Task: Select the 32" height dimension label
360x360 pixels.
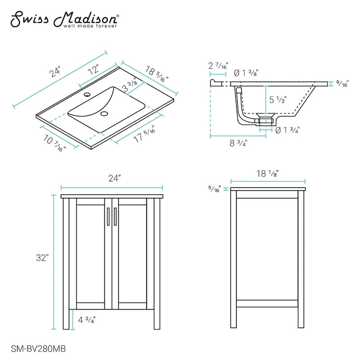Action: pyautogui.click(x=42, y=258)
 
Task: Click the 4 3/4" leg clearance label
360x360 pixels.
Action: pyautogui.click(x=87, y=320)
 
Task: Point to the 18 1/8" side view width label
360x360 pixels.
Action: pyautogui.click(x=267, y=174)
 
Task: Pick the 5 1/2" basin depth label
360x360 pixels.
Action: pyautogui.click(x=278, y=100)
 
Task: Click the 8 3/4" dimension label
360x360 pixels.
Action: pyautogui.click(x=238, y=143)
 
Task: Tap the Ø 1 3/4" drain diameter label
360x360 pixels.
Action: pyautogui.click(x=287, y=130)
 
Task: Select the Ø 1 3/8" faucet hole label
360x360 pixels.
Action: pyautogui.click(x=246, y=73)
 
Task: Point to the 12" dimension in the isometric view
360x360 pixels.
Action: pyautogui.click(x=94, y=69)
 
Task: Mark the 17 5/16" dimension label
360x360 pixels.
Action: pyautogui.click(x=144, y=134)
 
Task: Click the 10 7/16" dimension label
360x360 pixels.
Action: pyautogui.click(x=54, y=143)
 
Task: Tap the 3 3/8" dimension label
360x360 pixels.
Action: pyautogui.click(x=130, y=85)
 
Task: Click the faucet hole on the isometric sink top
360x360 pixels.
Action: pyautogui.click(x=87, y=94)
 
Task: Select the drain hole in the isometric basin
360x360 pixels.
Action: pyautogui.click(x=104, y=113)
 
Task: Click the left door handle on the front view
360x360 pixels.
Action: pyautogui.click(x=108, y=216)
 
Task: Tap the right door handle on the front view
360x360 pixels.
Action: pyautogui.click(x=115, y=216)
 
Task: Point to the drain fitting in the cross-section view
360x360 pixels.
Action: pyautogui.click(x=265, y=119)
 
